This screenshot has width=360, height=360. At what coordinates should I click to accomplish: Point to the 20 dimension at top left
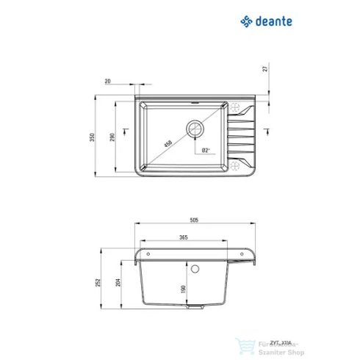(108, 82)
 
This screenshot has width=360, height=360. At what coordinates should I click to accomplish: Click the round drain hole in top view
(195, 129)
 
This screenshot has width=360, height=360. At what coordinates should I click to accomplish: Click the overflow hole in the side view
(196, 270)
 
